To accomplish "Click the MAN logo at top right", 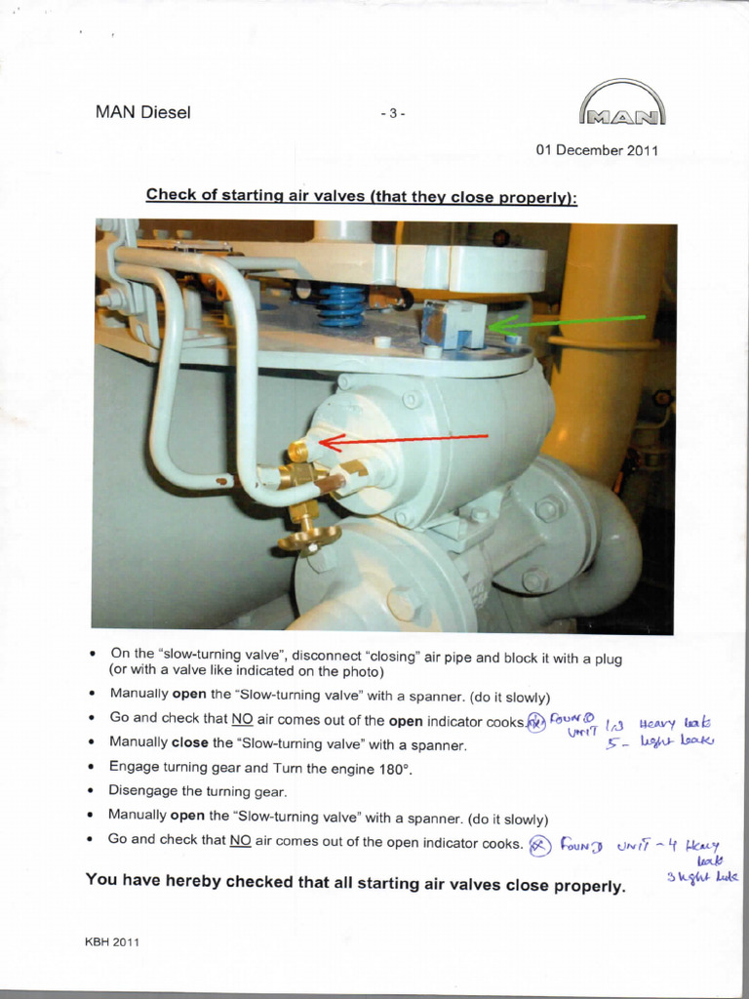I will [622, 104].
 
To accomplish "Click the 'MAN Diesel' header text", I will [142, 112].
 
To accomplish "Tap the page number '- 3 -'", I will [392, 113].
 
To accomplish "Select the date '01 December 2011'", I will [597, 150].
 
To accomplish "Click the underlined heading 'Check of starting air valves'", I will [361, 195].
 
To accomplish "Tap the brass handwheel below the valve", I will [308, 534].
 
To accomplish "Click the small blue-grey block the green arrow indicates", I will [453, 323].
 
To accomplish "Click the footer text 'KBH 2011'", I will [112, 941].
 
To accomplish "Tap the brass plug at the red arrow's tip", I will [296, 451].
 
